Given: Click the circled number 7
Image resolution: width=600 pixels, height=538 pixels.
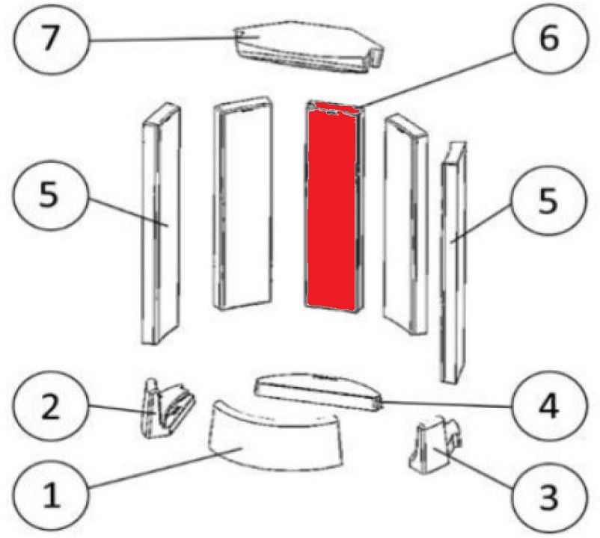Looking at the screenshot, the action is pyautogui.click(x=51, y=38).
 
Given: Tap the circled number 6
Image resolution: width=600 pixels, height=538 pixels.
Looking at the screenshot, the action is pyautogui.click(x=549, y=38).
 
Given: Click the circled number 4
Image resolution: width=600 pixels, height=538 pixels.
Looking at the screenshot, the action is pyautogui.click(x=548, y=407).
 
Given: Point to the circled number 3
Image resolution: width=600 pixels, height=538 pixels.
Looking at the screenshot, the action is pyautogui.click(x=548, y=496).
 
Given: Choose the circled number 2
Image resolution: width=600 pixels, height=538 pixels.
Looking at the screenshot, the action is pyautogui.click(x=51, y=406).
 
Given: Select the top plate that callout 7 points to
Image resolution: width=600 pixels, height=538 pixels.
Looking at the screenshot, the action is pyautogui.click(x=309, y=46).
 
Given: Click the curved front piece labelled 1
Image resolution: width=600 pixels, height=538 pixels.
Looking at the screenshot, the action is pyautogui.click(x=275, y=435).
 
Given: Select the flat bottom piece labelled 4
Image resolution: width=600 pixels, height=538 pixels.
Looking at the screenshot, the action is pyautogui.click(x=319, y=392).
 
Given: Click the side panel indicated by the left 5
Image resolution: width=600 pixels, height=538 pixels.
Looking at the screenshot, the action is pyautogui.click(x=161, y=223).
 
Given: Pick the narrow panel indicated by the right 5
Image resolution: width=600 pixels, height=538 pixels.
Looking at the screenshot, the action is pyautogui.click(x=454, y=262).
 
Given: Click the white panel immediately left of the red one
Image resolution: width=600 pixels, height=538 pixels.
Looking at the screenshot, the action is pyautogui.click(x=242, y=203).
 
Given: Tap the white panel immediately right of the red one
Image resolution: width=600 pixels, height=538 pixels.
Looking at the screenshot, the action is pyautogui.click(x=405, y=224).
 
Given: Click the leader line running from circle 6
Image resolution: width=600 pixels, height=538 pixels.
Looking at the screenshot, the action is pyautogui.click(x=437, y=80).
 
